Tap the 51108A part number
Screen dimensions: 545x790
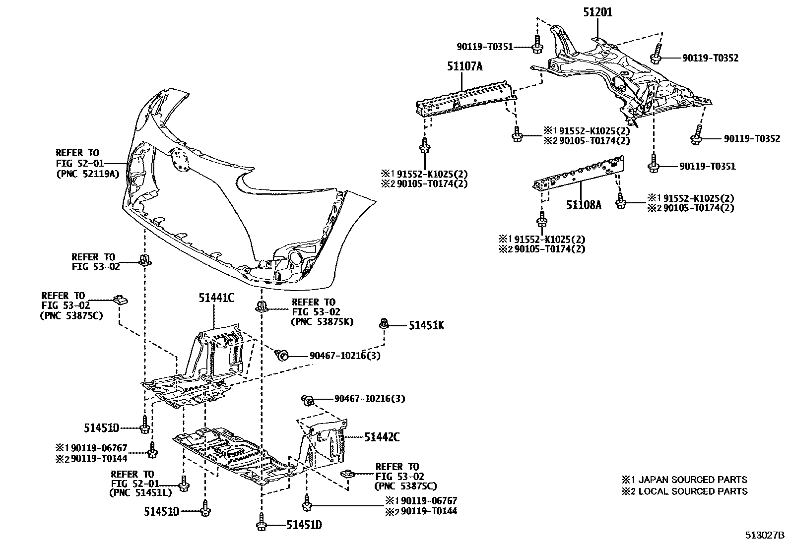[584, 204]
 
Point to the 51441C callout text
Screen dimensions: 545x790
[216, 298]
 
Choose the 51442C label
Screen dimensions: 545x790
[382, 437]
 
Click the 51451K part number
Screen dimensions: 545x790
[426, 325]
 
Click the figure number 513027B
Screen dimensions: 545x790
[764, 536]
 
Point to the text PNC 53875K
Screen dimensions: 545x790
[322, 322]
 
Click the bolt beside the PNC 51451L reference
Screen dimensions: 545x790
[183, 484]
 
